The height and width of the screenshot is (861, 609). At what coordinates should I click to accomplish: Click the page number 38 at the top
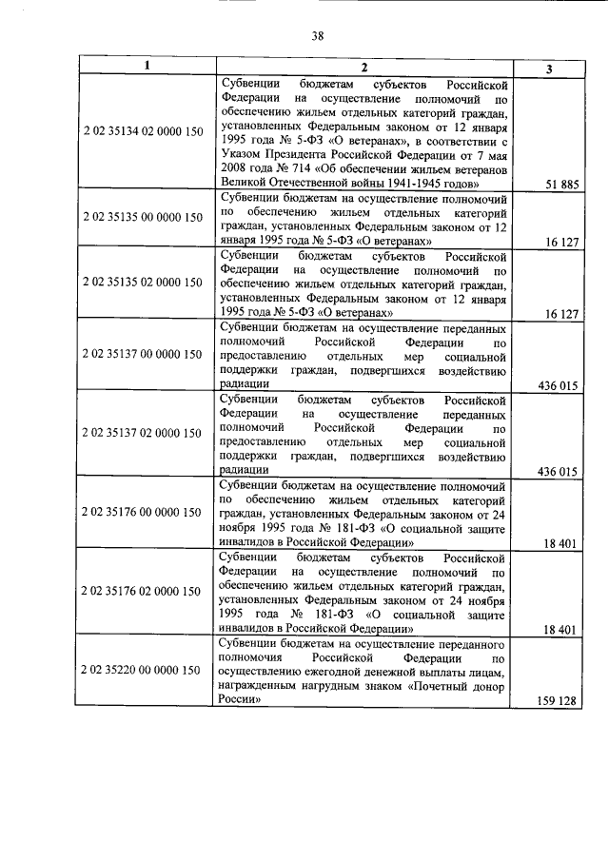pyautogui.click(x=318, y=36)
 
